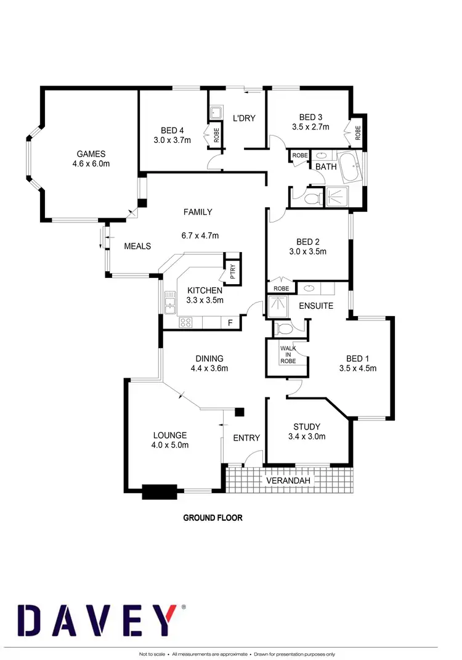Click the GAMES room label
point(91,154)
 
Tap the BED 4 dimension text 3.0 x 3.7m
point(172,140)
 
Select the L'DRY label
point(244,118)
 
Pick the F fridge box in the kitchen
point(230,322)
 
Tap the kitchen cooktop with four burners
point(186,322)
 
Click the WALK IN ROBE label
point(288,355)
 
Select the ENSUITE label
point(316,306)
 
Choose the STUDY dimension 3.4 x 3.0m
point(307,437)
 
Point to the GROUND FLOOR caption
point(213,518)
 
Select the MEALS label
point(137,246)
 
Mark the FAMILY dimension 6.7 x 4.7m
point(201,235)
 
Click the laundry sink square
point(216,113)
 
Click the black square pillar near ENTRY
point(240,412)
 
